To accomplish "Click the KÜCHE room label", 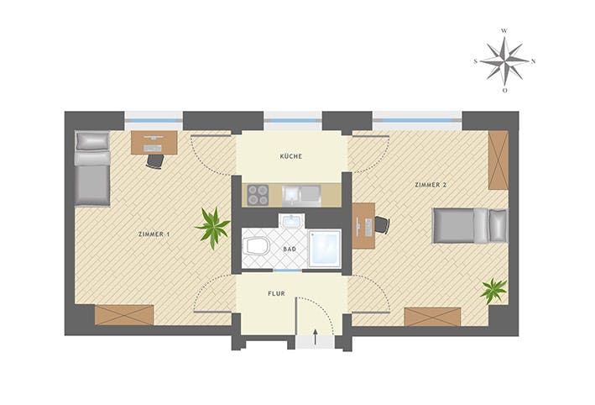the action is (291, 156).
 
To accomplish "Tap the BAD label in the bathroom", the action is (290, 250).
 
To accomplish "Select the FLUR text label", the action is (276, 294).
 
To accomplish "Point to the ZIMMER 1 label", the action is (154, 234).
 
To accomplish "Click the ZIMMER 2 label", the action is (431, 185).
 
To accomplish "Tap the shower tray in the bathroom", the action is (325, 249).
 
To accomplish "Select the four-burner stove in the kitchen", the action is (258, 195).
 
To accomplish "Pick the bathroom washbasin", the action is (291, 221).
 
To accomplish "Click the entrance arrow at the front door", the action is (315, 337).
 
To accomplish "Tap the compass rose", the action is (504, 60).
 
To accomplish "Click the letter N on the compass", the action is (533, 61).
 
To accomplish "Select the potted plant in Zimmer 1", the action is (213, 228).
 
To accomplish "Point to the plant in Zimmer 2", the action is (493, 291).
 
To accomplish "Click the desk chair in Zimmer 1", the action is (154, 160).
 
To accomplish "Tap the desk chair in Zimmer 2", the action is (382, 225).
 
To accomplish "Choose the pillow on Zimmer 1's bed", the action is (92, 141).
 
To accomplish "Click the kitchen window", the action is (293, 120).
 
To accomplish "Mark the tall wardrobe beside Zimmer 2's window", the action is (498, 160).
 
